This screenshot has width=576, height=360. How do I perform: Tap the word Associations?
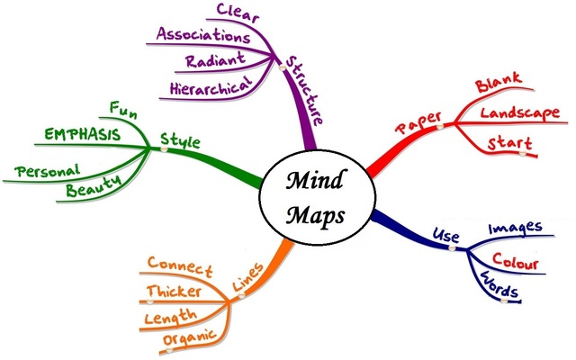click(x=203, y=37)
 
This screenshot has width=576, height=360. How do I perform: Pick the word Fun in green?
click(x=124, y=110)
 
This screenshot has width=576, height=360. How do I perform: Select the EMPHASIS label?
click(x=83, y=135)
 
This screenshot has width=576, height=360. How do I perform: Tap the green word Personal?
click(x=49, y=169)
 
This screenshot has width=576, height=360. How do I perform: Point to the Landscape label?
click(x=520, y=114)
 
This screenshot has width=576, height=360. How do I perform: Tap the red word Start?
click(x=508, y=144)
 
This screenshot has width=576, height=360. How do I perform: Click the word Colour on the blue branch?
click(x=516, y=264)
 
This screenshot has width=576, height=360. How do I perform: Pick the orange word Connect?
click(x=180, y=267)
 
